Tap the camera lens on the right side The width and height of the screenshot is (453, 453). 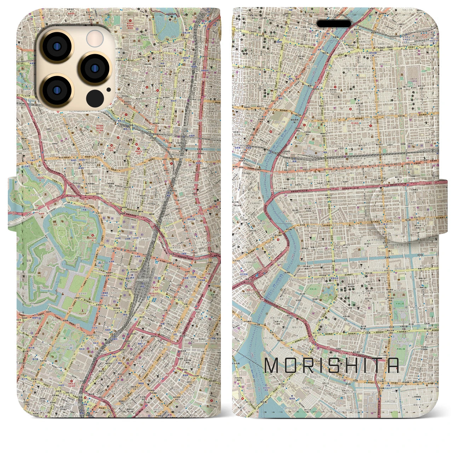point(94,68)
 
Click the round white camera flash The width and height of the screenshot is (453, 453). point(95,38)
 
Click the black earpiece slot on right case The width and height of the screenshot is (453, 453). point(334,23)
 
